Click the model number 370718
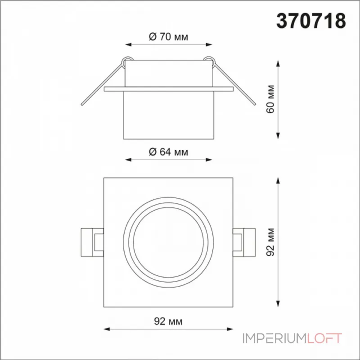311,21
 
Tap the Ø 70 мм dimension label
168,37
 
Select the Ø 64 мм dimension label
168,152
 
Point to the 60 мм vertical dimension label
270,99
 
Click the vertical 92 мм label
270,242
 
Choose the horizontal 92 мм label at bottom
168,321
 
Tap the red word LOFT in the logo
324,338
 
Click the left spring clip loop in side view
126,61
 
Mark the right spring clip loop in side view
209,61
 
